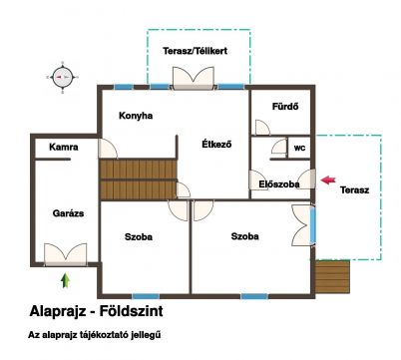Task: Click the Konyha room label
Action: click(x=136, y=116)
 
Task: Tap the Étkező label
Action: click(x=216, y=145)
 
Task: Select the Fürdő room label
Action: click(x=285, y=107)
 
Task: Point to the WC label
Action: click(x=299, y=149)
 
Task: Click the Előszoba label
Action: click(x=279, y=184)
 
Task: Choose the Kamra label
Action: click(x=64, y=147)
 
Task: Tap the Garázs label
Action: click(x=68, y=213)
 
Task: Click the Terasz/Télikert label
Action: click(x=196, y=51)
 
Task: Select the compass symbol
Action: click(x=63, y=77)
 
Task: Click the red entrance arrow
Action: click(x=328, y=180)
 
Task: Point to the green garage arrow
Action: click(x=65, y=280)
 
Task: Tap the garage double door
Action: click(x=66, y=254)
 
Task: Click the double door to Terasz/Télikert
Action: click(x=193, y=79)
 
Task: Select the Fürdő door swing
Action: click(x=262, y=128)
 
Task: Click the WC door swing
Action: click(x=279, y=147)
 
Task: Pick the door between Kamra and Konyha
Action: click(x=108, y=149)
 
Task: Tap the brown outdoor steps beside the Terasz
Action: click(x=332, y=277)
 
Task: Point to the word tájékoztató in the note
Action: click(x=104, y=335)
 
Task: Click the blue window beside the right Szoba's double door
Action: click(x=313, y=225)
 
